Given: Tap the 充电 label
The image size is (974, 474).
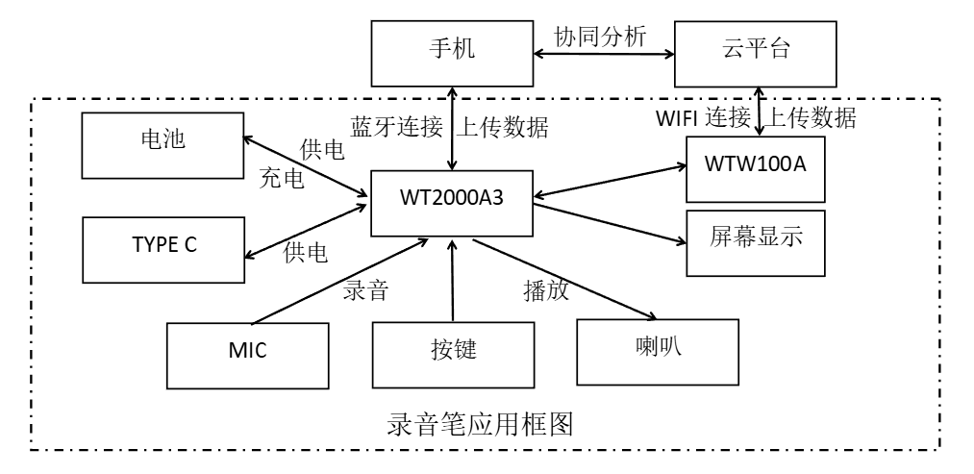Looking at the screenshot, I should [283, 180].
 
